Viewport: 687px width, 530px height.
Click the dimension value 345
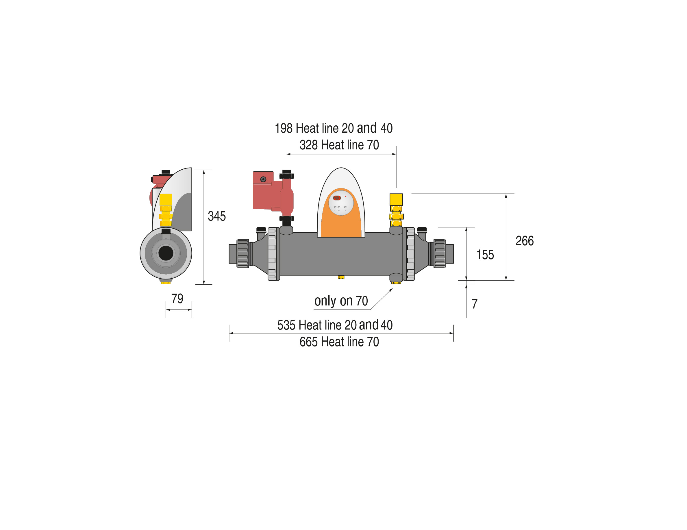pyautogui.click(x=217, y=216)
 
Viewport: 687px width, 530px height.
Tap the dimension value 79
pyautogui.click(x=177, y=299)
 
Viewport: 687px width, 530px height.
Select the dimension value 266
pyautogui.click(x=524, y=241)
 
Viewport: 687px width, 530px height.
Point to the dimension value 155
pyautogui.click(x=485, y=255)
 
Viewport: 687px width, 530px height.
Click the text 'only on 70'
pyautogui.click(x=341, y=301)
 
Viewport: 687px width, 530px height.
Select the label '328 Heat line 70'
pyautogui.click(x=339, y=145)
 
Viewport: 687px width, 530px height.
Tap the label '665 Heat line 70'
pyautogui.click(x=339, y=342)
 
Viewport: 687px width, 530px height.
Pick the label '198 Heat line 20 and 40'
pyautogui.click(x=334, y=128)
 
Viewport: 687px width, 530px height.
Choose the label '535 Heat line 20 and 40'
pyautogui.click(x=335, y=325)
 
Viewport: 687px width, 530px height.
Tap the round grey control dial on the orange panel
pyautogui.click(x=341, y=203)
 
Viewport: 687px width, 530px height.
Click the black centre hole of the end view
pyautogui.click(x=166, y=253)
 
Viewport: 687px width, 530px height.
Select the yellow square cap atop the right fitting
pyautogui.click(x=396, y=200)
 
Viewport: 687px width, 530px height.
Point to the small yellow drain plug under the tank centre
pyautogui.click(x=341, y=277)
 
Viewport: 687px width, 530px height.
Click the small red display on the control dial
pyautogui.click(x=337, y=198)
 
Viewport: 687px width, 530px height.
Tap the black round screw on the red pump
pyautogui.click(x=263, y=179)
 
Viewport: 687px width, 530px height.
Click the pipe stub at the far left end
pyautogui.click(x=233, y=254)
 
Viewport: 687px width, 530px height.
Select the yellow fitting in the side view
pyautogui.click(x=166, y=210)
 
